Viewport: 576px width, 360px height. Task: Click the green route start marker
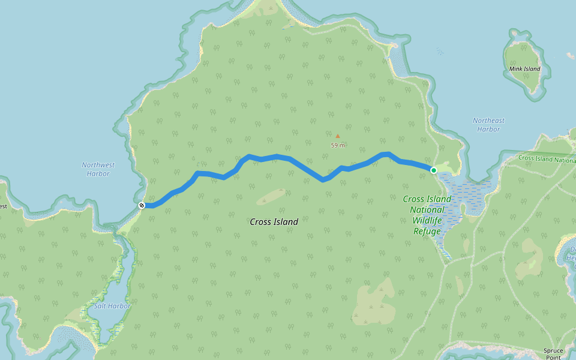[x=434, y=170]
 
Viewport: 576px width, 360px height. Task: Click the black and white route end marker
[x=142, y=205]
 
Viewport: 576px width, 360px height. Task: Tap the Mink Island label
[x=524, y=69]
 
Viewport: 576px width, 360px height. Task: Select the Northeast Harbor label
[x=488, y=125]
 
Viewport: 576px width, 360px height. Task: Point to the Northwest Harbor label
[x=98, y=169]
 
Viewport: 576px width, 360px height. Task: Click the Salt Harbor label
[x=112, y=306]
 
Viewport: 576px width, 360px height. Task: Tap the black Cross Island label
[x=274, y=222]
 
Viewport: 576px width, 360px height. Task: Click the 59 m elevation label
[x=338, y=145]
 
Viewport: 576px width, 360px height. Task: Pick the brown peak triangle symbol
[x=337, y=136]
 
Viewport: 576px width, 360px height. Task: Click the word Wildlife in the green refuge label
[x=427, y=221]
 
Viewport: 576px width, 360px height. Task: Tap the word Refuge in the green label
[x=427, y=232]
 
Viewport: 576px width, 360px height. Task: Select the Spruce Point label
[x=553, y=354]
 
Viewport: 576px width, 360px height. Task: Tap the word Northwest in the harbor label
[x=98, y=165]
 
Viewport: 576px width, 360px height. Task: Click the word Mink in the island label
[x=516, y=69]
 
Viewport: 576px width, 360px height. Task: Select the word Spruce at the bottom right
[x=553, y=350]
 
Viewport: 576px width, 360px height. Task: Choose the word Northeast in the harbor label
[x=488, y=121]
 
